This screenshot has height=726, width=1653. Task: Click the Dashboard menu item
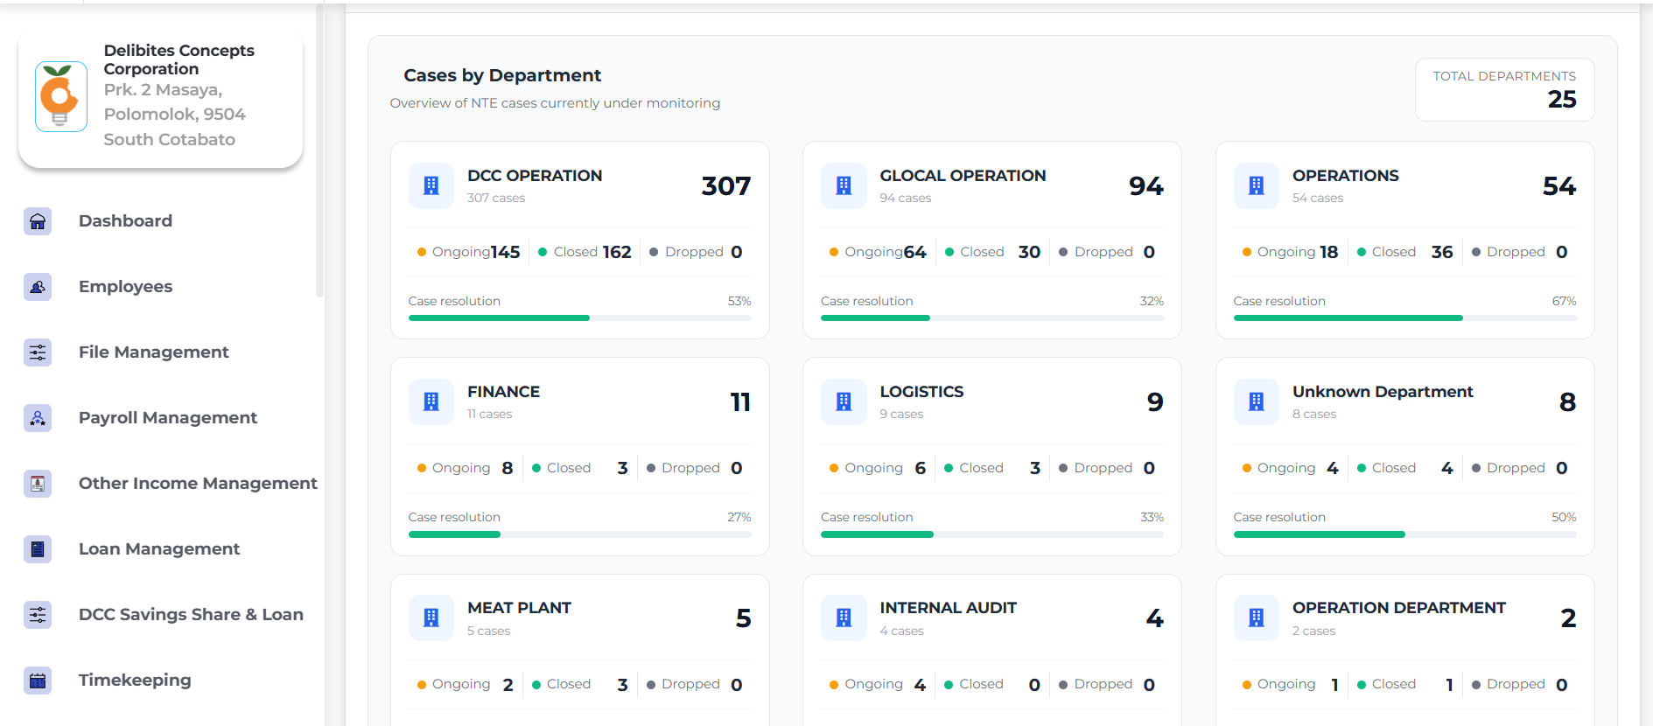[x=125, y=221]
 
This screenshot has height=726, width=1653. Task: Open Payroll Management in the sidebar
[x=168, y=418]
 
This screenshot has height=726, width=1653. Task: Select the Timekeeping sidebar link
[x=135, y=681]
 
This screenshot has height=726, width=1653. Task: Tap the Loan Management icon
[x=38, y=549]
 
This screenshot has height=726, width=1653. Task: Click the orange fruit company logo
[x=60, y=96]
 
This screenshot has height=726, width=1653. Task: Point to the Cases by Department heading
[x=502, y=75]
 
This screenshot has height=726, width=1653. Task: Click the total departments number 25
[x=1562, y=100]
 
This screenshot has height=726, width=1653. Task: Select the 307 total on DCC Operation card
[x=726, y=186]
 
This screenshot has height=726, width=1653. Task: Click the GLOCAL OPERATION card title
[x=963, y=176]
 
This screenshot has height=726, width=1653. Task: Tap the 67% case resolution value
[x=1564, y=301]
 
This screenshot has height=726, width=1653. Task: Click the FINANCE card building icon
[x=431, y=401]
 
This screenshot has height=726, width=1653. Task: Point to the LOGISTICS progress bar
[x=992, y=534]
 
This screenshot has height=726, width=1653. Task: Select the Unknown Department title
[x=1383, y=392]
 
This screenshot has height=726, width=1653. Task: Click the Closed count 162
[x=617, y=252]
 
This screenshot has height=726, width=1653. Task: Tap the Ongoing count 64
[x=915, y=252]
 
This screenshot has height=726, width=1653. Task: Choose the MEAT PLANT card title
[x=519, y=608]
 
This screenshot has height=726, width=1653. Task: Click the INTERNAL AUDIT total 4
[x=1155, y=618]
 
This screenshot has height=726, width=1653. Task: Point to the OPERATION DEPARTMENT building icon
[x=1257, y=618]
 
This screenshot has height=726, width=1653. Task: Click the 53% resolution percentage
[x=739, y=301]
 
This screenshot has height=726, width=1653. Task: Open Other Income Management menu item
[x=198, y=484]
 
